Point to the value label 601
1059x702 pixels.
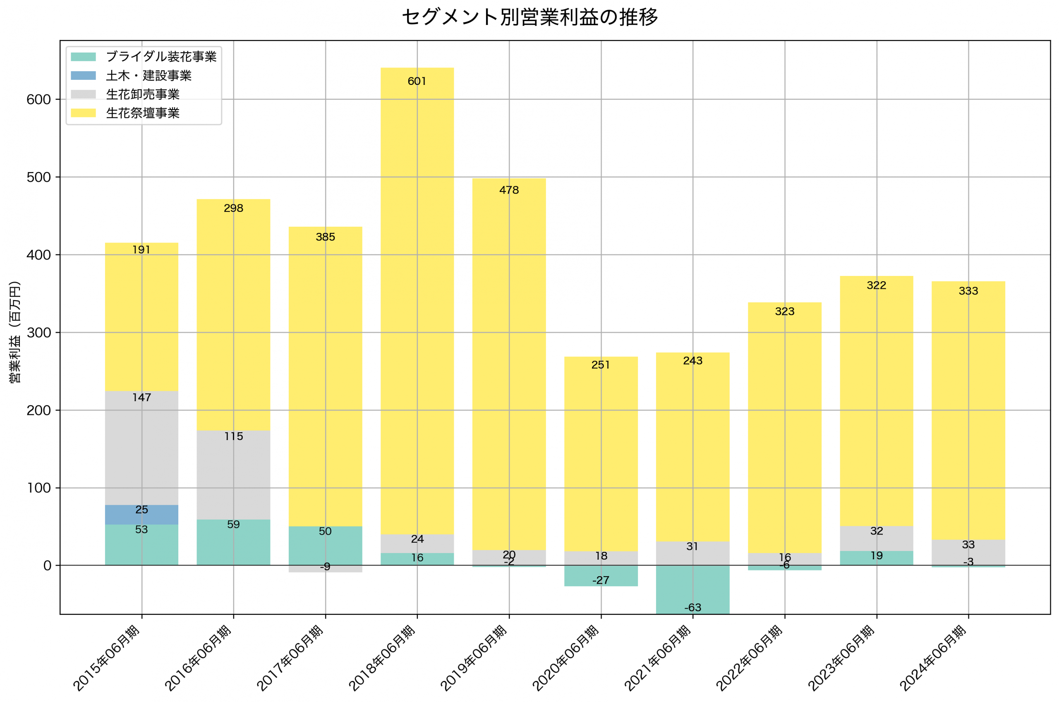(x=417, y=81)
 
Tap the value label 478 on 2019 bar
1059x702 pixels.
(x=509, y=190)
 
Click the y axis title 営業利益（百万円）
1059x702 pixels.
(x=15, y=332)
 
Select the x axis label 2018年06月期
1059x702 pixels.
(x=382, y=658)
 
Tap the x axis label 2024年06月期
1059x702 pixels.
(x=933, y=658)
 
